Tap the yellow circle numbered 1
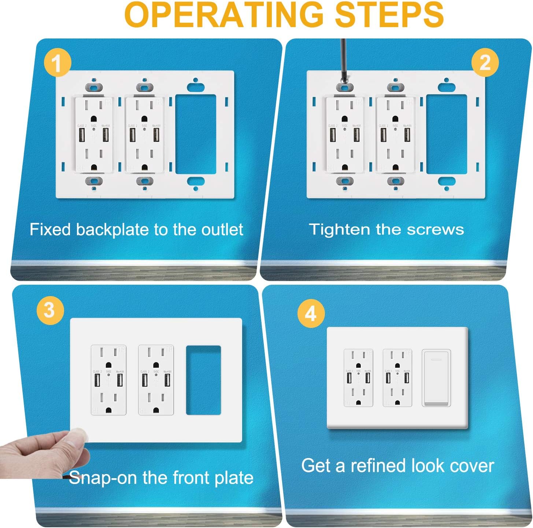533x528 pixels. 57,63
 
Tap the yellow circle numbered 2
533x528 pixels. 485,62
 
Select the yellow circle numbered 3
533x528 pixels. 50,310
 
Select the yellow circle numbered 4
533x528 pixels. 311,313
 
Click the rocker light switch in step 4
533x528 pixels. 436,378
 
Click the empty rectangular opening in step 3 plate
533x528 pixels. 203,380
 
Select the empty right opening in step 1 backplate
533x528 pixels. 196,134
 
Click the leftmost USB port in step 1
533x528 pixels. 81,134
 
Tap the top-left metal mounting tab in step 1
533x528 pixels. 94,87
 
